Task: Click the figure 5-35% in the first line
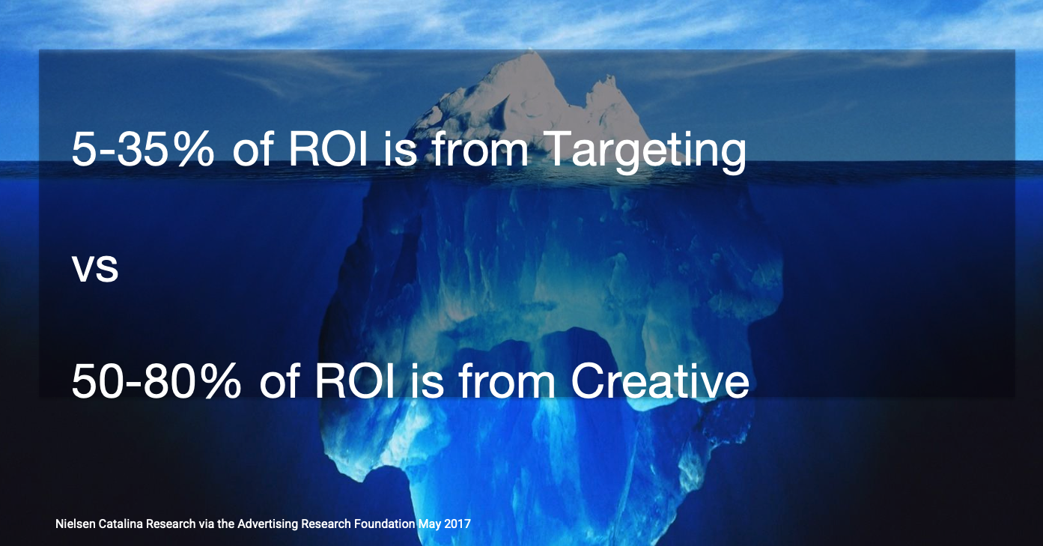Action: coord(143,149)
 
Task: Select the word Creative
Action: coord(660,381)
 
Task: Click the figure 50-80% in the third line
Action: coord(156,381)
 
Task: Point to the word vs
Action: coord(95,270)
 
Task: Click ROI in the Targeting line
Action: coord(328,149)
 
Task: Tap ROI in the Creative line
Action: coord(354,381)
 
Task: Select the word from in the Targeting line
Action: coord(481,148)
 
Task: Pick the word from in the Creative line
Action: coord(507,380)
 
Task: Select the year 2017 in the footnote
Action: coord(457,524)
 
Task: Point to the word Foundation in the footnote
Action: coord(384,524)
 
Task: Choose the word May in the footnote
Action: coord(429,524)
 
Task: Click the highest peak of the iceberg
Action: coord(530,51)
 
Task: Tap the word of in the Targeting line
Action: coord(252,148)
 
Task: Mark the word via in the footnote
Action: coord(206,524)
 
